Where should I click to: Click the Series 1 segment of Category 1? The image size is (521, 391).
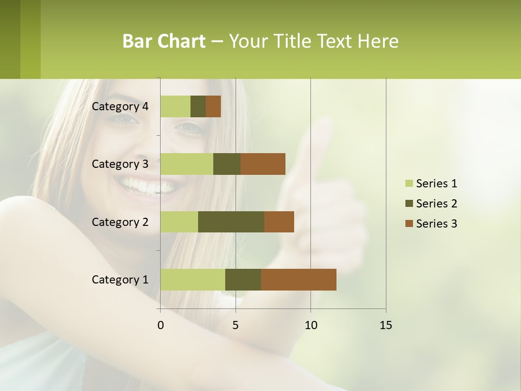click(x=193, y=279)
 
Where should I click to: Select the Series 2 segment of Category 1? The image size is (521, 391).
click(x=243, y=279)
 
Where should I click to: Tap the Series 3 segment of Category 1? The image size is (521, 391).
click(x=298, y=279)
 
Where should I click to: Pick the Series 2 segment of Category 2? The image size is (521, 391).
click(x=231, y=222)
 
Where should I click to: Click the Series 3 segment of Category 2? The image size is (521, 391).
click(x=279, y=222)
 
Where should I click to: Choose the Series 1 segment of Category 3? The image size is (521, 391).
click(x=187, y=164)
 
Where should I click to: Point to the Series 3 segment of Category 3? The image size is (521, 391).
click(x=263, y=164)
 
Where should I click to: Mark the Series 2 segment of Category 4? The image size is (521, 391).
click(x=198, y=106)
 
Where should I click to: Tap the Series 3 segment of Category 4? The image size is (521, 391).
click(x=213, y=106)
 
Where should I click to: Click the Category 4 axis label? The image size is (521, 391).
click(x=120, y=106)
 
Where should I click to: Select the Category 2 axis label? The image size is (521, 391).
click(x=120, y=222)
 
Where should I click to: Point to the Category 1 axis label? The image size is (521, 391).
click(x=120, y=280)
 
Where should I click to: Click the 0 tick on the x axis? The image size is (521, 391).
click(x=161, y=325)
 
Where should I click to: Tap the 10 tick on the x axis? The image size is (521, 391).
click(x=310, y=325)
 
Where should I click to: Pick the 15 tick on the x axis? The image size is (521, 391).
click(x=386, y=325)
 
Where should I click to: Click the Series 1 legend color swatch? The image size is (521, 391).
click(x=409, y=183)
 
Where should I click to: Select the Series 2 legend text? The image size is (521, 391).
click(x=436, y=204)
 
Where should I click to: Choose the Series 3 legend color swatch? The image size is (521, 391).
click(x=409, y=223)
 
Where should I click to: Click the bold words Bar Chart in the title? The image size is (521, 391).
click(x=164, y=41)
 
